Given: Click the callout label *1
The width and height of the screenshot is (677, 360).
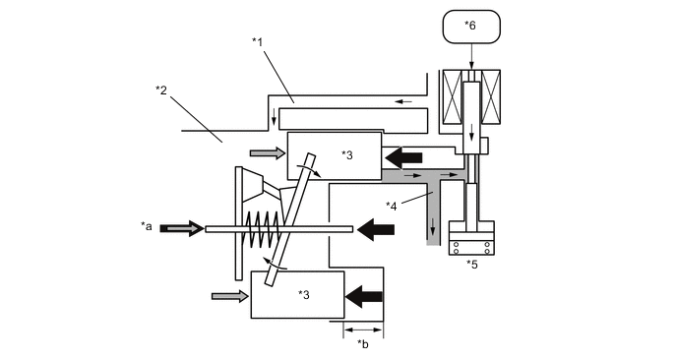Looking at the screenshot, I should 258,41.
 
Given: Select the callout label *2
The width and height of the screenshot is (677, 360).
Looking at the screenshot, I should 161,90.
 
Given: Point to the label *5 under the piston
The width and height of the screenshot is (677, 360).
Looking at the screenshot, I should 472,264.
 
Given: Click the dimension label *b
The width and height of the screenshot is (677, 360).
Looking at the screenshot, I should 363,343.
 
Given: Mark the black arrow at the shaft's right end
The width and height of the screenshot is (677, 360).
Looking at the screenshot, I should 375,229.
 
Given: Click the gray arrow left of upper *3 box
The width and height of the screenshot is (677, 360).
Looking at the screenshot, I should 267,153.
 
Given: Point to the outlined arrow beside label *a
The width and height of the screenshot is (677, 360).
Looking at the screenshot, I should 180,228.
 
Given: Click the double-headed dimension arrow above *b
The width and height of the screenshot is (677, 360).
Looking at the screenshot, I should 363,330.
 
